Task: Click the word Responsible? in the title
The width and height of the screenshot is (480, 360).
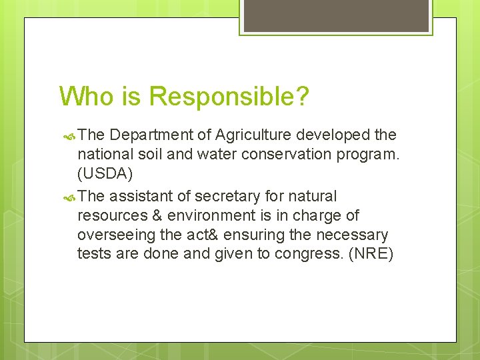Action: (x=229, y=97)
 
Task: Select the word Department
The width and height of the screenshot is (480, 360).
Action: (x=153, y=135)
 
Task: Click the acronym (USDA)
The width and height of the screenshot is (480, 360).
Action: (x=105, y=174)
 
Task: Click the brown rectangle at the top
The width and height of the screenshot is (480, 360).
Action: (x=335, y=15)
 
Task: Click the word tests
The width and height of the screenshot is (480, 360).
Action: (x=93, y=255)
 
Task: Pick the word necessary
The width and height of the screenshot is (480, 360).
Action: (x=357, y=235)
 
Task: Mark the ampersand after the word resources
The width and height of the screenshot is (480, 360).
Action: (x=157, y=215)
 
